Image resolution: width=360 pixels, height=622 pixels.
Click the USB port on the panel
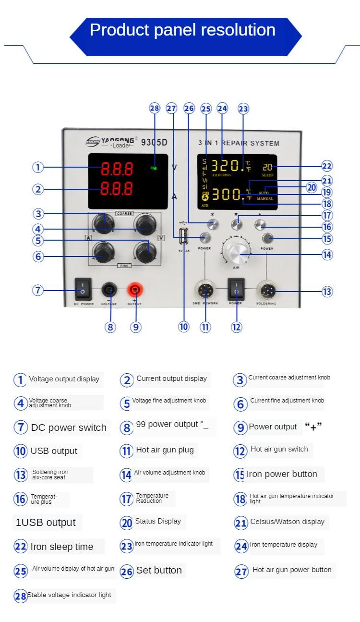tap(184, 236)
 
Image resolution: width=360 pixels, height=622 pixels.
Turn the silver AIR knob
tap(236, 250)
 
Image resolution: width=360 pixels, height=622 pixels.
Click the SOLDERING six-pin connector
tap(266, 290)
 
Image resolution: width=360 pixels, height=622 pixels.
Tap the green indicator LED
tap(154, 168)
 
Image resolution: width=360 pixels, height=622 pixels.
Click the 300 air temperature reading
tap(226, 195)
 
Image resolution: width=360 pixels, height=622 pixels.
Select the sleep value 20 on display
tap(267, 167)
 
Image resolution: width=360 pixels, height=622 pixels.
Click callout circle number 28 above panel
tap(154, 108)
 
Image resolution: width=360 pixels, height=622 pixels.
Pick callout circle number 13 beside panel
tap(327, 292)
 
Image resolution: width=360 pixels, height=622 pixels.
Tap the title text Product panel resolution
tap(182, 30)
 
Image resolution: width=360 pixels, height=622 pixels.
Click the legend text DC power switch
tap(69, 427)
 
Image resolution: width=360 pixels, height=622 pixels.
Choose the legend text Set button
tap(159, 570)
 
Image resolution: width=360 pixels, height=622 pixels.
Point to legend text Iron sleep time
tap(61, 547)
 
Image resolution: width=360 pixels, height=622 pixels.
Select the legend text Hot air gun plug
tap(165, 450)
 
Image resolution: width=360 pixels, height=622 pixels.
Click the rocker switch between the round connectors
tap(236, 289)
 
